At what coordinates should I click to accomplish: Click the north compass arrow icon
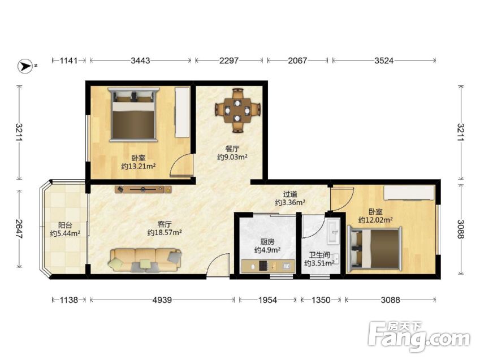coord(25,66)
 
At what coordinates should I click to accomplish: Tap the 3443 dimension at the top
coord(141,60)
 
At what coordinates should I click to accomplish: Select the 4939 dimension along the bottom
coord(162,300)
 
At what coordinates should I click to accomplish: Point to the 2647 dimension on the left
coord(19,229)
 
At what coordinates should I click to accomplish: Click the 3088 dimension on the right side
coord(461,229)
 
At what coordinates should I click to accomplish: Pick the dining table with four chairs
coord(237,111)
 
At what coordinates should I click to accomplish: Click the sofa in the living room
coord(145,260)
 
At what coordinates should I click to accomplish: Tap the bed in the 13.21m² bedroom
coord(133,115)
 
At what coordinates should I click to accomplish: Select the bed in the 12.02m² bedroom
coord(374,248)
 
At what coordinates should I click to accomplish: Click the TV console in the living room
coord(143,189)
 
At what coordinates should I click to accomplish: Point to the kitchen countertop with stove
coord(268,266)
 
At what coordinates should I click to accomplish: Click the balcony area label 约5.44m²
coord(65,233)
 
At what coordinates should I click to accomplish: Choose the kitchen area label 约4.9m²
coord(267,250)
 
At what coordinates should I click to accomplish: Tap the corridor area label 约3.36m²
coord(290,202)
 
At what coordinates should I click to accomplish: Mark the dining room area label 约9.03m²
coord(232,157)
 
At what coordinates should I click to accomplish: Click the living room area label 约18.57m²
coord(165,232)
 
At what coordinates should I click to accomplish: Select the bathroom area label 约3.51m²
coord(319,263)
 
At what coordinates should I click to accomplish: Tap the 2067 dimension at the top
coord(297,60)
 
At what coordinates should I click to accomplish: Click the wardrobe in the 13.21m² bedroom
coord(182,112)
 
